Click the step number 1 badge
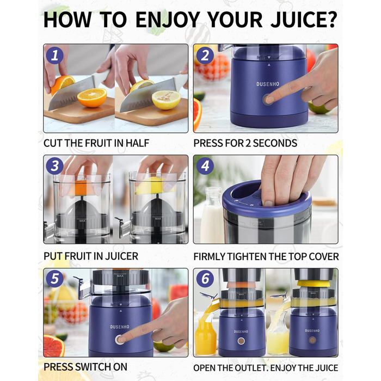pos(54,56)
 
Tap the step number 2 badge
pos(205,56)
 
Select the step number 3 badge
pos(54,166)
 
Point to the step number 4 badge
pos(205,166)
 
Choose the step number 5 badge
pos(54,279)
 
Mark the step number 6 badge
pos(205,279)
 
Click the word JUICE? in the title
pos(304,20)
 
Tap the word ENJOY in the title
pos(168,20)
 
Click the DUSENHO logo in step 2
pos(268,84)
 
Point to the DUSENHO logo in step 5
pos(120,327)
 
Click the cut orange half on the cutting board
pos(92,97)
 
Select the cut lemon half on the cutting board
pos(167,100)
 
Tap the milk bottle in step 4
pos(212,215)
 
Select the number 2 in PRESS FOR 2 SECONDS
pos(248,143)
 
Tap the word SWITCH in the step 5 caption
pos(93,367)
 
